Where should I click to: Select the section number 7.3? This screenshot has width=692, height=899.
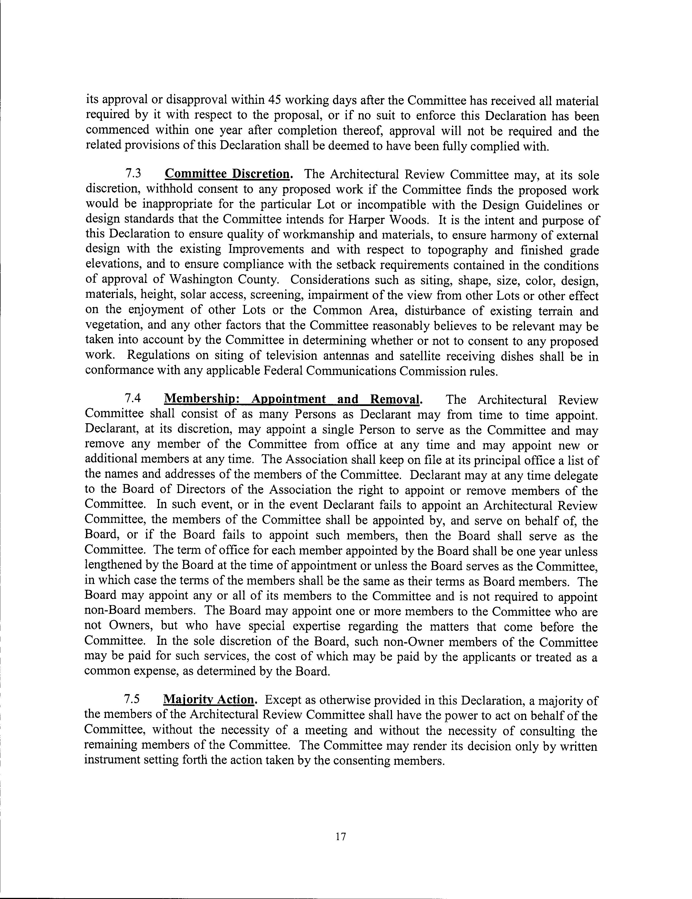tap(133, 174)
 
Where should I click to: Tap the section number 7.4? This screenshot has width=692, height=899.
tap(133, 399)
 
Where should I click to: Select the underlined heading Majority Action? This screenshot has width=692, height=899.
tap(209, 699)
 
